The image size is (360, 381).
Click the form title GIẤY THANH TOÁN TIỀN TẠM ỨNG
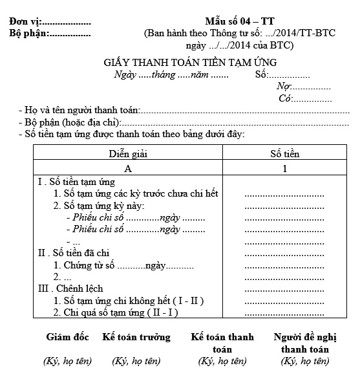coord(190,63)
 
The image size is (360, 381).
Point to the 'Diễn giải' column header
coord(128,154)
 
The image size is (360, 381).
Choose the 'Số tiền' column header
coord(284,154)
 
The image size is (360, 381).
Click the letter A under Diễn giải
coord(128,168)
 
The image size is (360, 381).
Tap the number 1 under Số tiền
coord(284,168)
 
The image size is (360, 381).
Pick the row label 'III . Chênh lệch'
coord(70,288)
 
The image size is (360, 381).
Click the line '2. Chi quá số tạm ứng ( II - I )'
coord(116,312)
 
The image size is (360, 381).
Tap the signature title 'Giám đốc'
coord(67,338)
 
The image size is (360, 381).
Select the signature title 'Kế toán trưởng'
coord(136,338)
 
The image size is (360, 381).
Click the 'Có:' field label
coord(285,98)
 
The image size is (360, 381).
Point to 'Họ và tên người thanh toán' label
coord(81,111)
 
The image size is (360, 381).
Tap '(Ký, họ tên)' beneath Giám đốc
coord(67,361)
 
